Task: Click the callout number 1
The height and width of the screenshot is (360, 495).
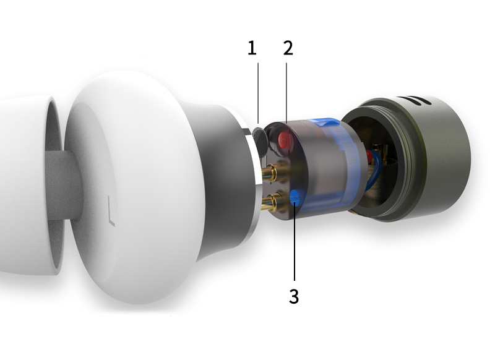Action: point(252,48)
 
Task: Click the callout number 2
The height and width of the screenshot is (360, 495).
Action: point(288,48)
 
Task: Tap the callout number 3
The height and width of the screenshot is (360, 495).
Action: point(294,296)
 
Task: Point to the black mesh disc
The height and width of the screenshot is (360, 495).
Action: point(260,139)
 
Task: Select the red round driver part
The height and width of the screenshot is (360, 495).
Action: point(283,140)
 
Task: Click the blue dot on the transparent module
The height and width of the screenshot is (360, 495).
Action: point(295,198)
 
